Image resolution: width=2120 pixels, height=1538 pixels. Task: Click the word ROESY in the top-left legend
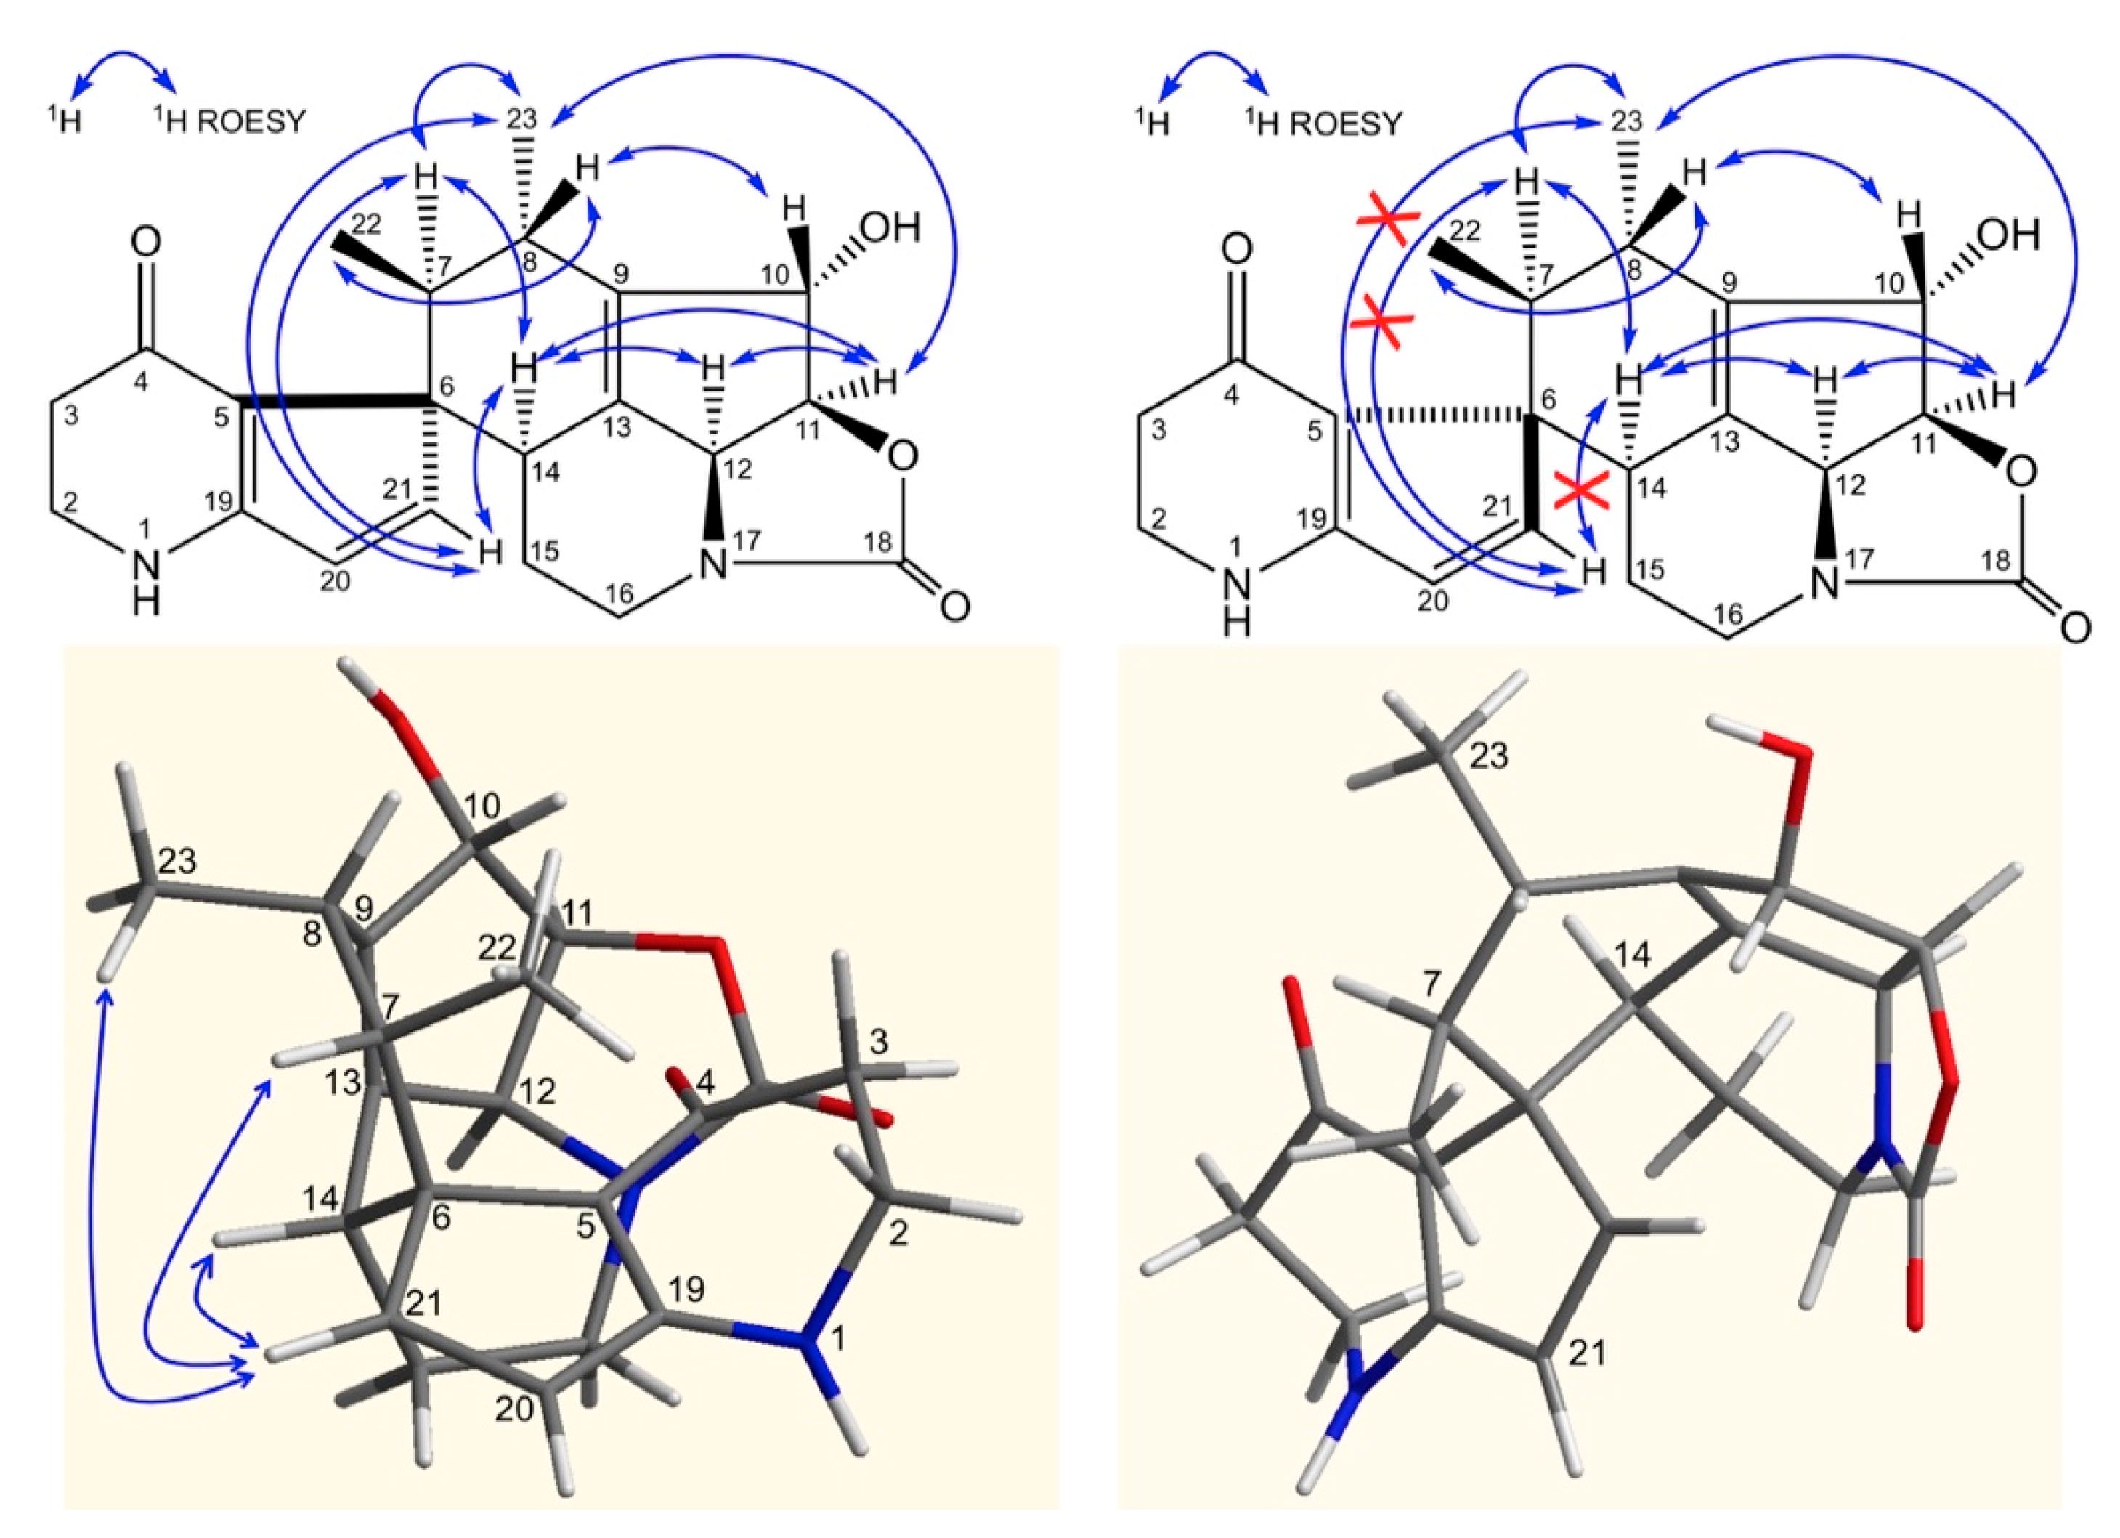coord(251,121)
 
